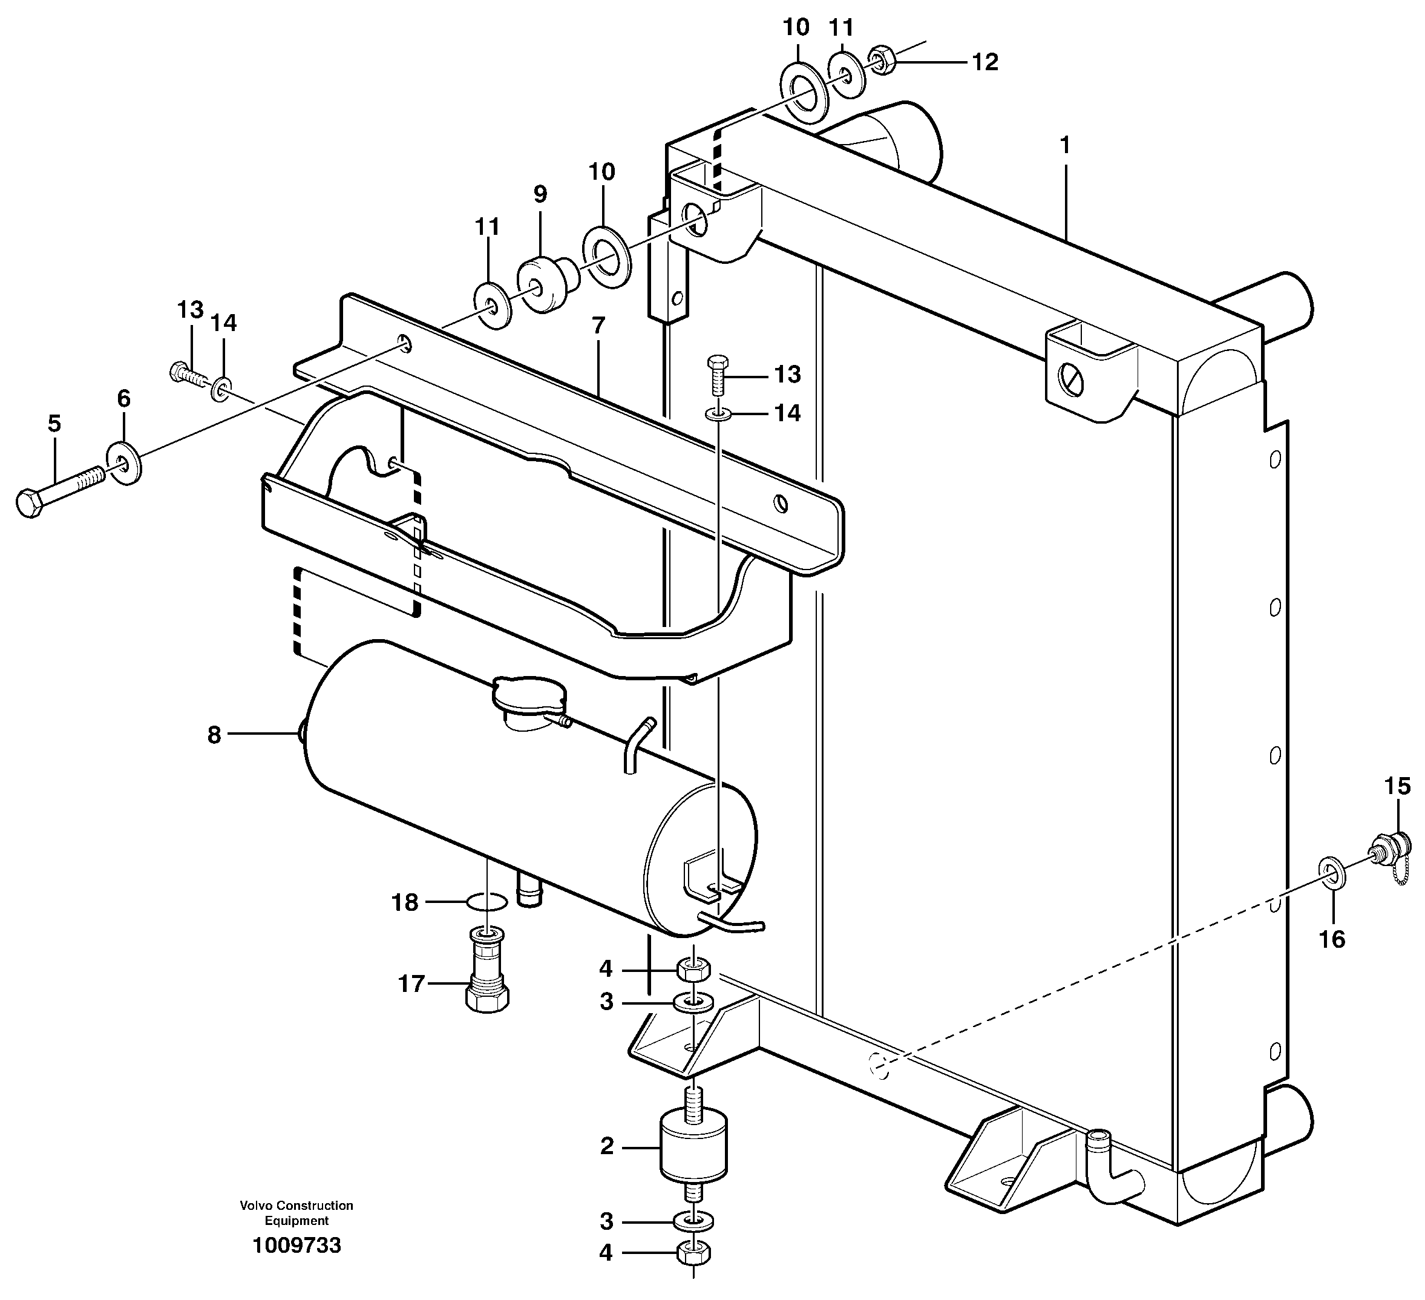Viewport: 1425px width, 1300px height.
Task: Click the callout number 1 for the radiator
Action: click(x=1064, y=146)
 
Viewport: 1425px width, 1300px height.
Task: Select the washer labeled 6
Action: click(x=123, y=463)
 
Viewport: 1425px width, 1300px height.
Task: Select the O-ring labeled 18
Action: click(x=487, y=901)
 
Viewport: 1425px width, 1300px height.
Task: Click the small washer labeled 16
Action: click(x=1332, y=872)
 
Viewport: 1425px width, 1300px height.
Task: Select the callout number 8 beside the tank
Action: click(x=214, y=735)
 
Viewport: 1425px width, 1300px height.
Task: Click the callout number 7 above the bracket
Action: click(x=598, y=326)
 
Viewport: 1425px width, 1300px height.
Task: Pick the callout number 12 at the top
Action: click(x=984, y=62)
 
